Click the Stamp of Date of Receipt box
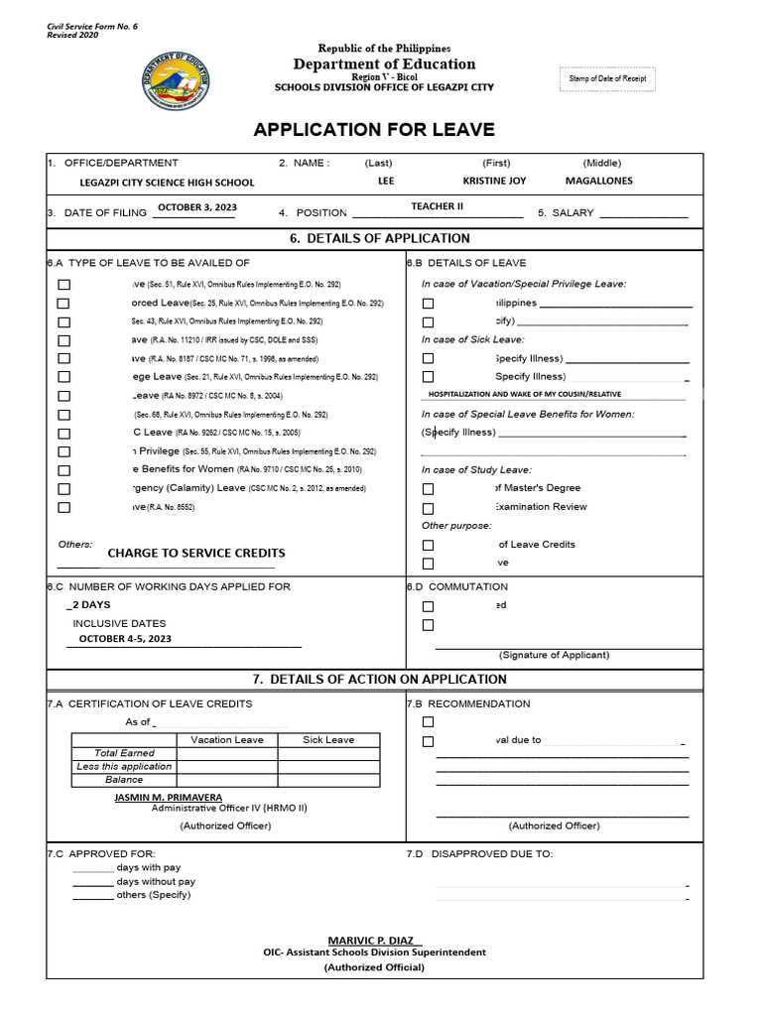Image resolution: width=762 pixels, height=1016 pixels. pyautogui.click(x=607, y=78)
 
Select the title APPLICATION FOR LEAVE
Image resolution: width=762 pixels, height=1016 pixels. pyautogui.click(x=374, y=130)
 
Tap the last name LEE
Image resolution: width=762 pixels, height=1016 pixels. pyautogui.click(x=386, y=182)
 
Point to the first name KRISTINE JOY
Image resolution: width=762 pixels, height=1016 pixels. pyautogui.click(x=494, y=182)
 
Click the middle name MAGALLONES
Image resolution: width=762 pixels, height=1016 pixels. pyautogui.click(x=598, y=182)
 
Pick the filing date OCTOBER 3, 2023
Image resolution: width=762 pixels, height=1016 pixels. pyautogui.click(x=196, y=208)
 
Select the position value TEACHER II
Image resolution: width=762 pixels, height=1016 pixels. pyautogui.click(x=438, y=206)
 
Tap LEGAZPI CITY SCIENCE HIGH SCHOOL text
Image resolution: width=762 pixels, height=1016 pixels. pyautogui.click(x=167, y=183)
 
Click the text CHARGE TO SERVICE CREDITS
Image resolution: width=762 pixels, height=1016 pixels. pyautogui.click(x=196, y=553)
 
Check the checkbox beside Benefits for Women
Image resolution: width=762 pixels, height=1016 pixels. pyautogui.click(x=64, y=470)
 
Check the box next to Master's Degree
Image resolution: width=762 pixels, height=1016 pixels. pyautogui.click(x=428, y=488)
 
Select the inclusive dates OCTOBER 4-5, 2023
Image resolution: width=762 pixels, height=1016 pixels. pyautogui.click(x=125, y=639)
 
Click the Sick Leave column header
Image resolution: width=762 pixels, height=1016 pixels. pyautogui.click(x=327, y=739)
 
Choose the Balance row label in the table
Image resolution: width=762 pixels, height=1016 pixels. pyautogui.click(x=124, y=780)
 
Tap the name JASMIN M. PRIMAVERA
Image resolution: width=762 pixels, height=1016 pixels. pyautogui.click(x=169, y=797)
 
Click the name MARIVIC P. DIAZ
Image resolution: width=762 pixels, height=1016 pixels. pyautogui.click(x=374, y=940)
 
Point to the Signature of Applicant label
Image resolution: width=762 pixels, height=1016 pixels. pyautogui.click(x=554, y=655)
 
